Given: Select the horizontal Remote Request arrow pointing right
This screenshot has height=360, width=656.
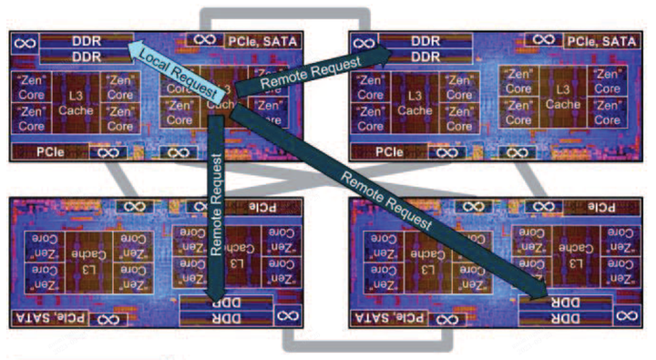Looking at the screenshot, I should [x=310, y=73].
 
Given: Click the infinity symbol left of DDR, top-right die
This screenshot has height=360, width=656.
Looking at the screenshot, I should [x=364, y=43].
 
